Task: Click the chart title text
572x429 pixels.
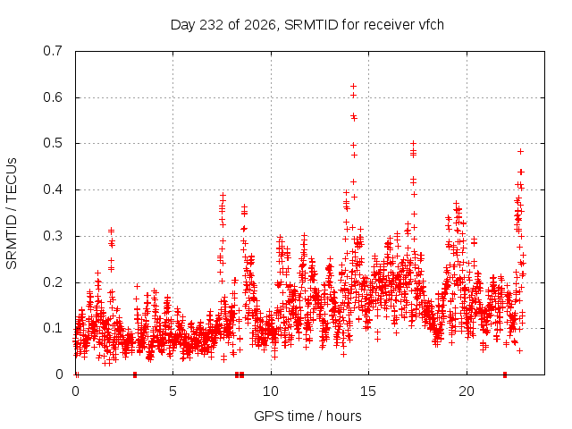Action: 307,25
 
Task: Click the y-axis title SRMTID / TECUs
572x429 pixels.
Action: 12,214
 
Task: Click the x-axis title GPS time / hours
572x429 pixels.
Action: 307,416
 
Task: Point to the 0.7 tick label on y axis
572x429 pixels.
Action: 53,51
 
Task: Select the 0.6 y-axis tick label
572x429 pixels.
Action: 53,97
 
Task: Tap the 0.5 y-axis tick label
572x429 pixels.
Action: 53,143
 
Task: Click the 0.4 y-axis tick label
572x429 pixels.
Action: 53,189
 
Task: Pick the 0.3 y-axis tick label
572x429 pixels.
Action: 53,236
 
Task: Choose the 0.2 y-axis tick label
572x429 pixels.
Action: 53,282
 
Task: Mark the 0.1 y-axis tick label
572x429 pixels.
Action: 53,328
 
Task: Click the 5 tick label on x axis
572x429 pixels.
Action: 172,391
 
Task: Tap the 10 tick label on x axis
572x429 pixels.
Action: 271,391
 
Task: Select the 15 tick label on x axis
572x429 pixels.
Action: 368,391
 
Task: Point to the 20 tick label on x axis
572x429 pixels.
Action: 467,391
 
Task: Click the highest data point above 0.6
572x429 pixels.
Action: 353,86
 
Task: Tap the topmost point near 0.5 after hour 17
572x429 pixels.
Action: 413,143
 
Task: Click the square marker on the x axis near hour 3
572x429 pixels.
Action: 135,374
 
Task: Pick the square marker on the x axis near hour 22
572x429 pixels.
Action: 505,374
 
